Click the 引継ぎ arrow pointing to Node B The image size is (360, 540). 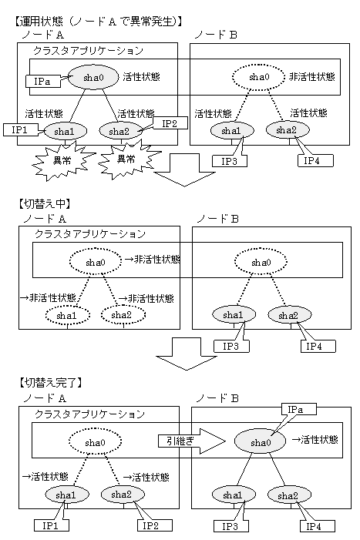tap(191, 441)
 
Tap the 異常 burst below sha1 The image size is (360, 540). tap(62, 161)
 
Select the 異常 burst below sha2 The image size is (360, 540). tap(127, 159)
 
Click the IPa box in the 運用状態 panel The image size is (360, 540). tap(42, 82)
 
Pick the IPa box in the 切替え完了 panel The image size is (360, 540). tap(299, 409)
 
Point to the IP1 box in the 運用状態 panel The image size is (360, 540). tap(20, 130)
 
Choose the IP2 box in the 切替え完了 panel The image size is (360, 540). tap(155, 525)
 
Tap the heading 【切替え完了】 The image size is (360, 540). tap(51, 382)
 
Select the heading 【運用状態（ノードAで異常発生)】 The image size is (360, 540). tap(98, 22)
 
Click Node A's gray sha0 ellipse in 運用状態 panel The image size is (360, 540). tap(91, 77)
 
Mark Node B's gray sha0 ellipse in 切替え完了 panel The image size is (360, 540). tap(260, 441)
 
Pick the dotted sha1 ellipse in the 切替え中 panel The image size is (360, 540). tap(68, 315)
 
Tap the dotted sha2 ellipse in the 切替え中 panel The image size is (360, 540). tap(123, 315)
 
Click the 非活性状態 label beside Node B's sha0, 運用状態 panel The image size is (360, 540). tap(312, 76)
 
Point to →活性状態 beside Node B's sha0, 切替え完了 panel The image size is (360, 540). tap(315, 440)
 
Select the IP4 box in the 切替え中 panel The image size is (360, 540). tap(318, 346)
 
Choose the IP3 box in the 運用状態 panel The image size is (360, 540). tap(230, 161)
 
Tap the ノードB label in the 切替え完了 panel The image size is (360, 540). tap(217, 398)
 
